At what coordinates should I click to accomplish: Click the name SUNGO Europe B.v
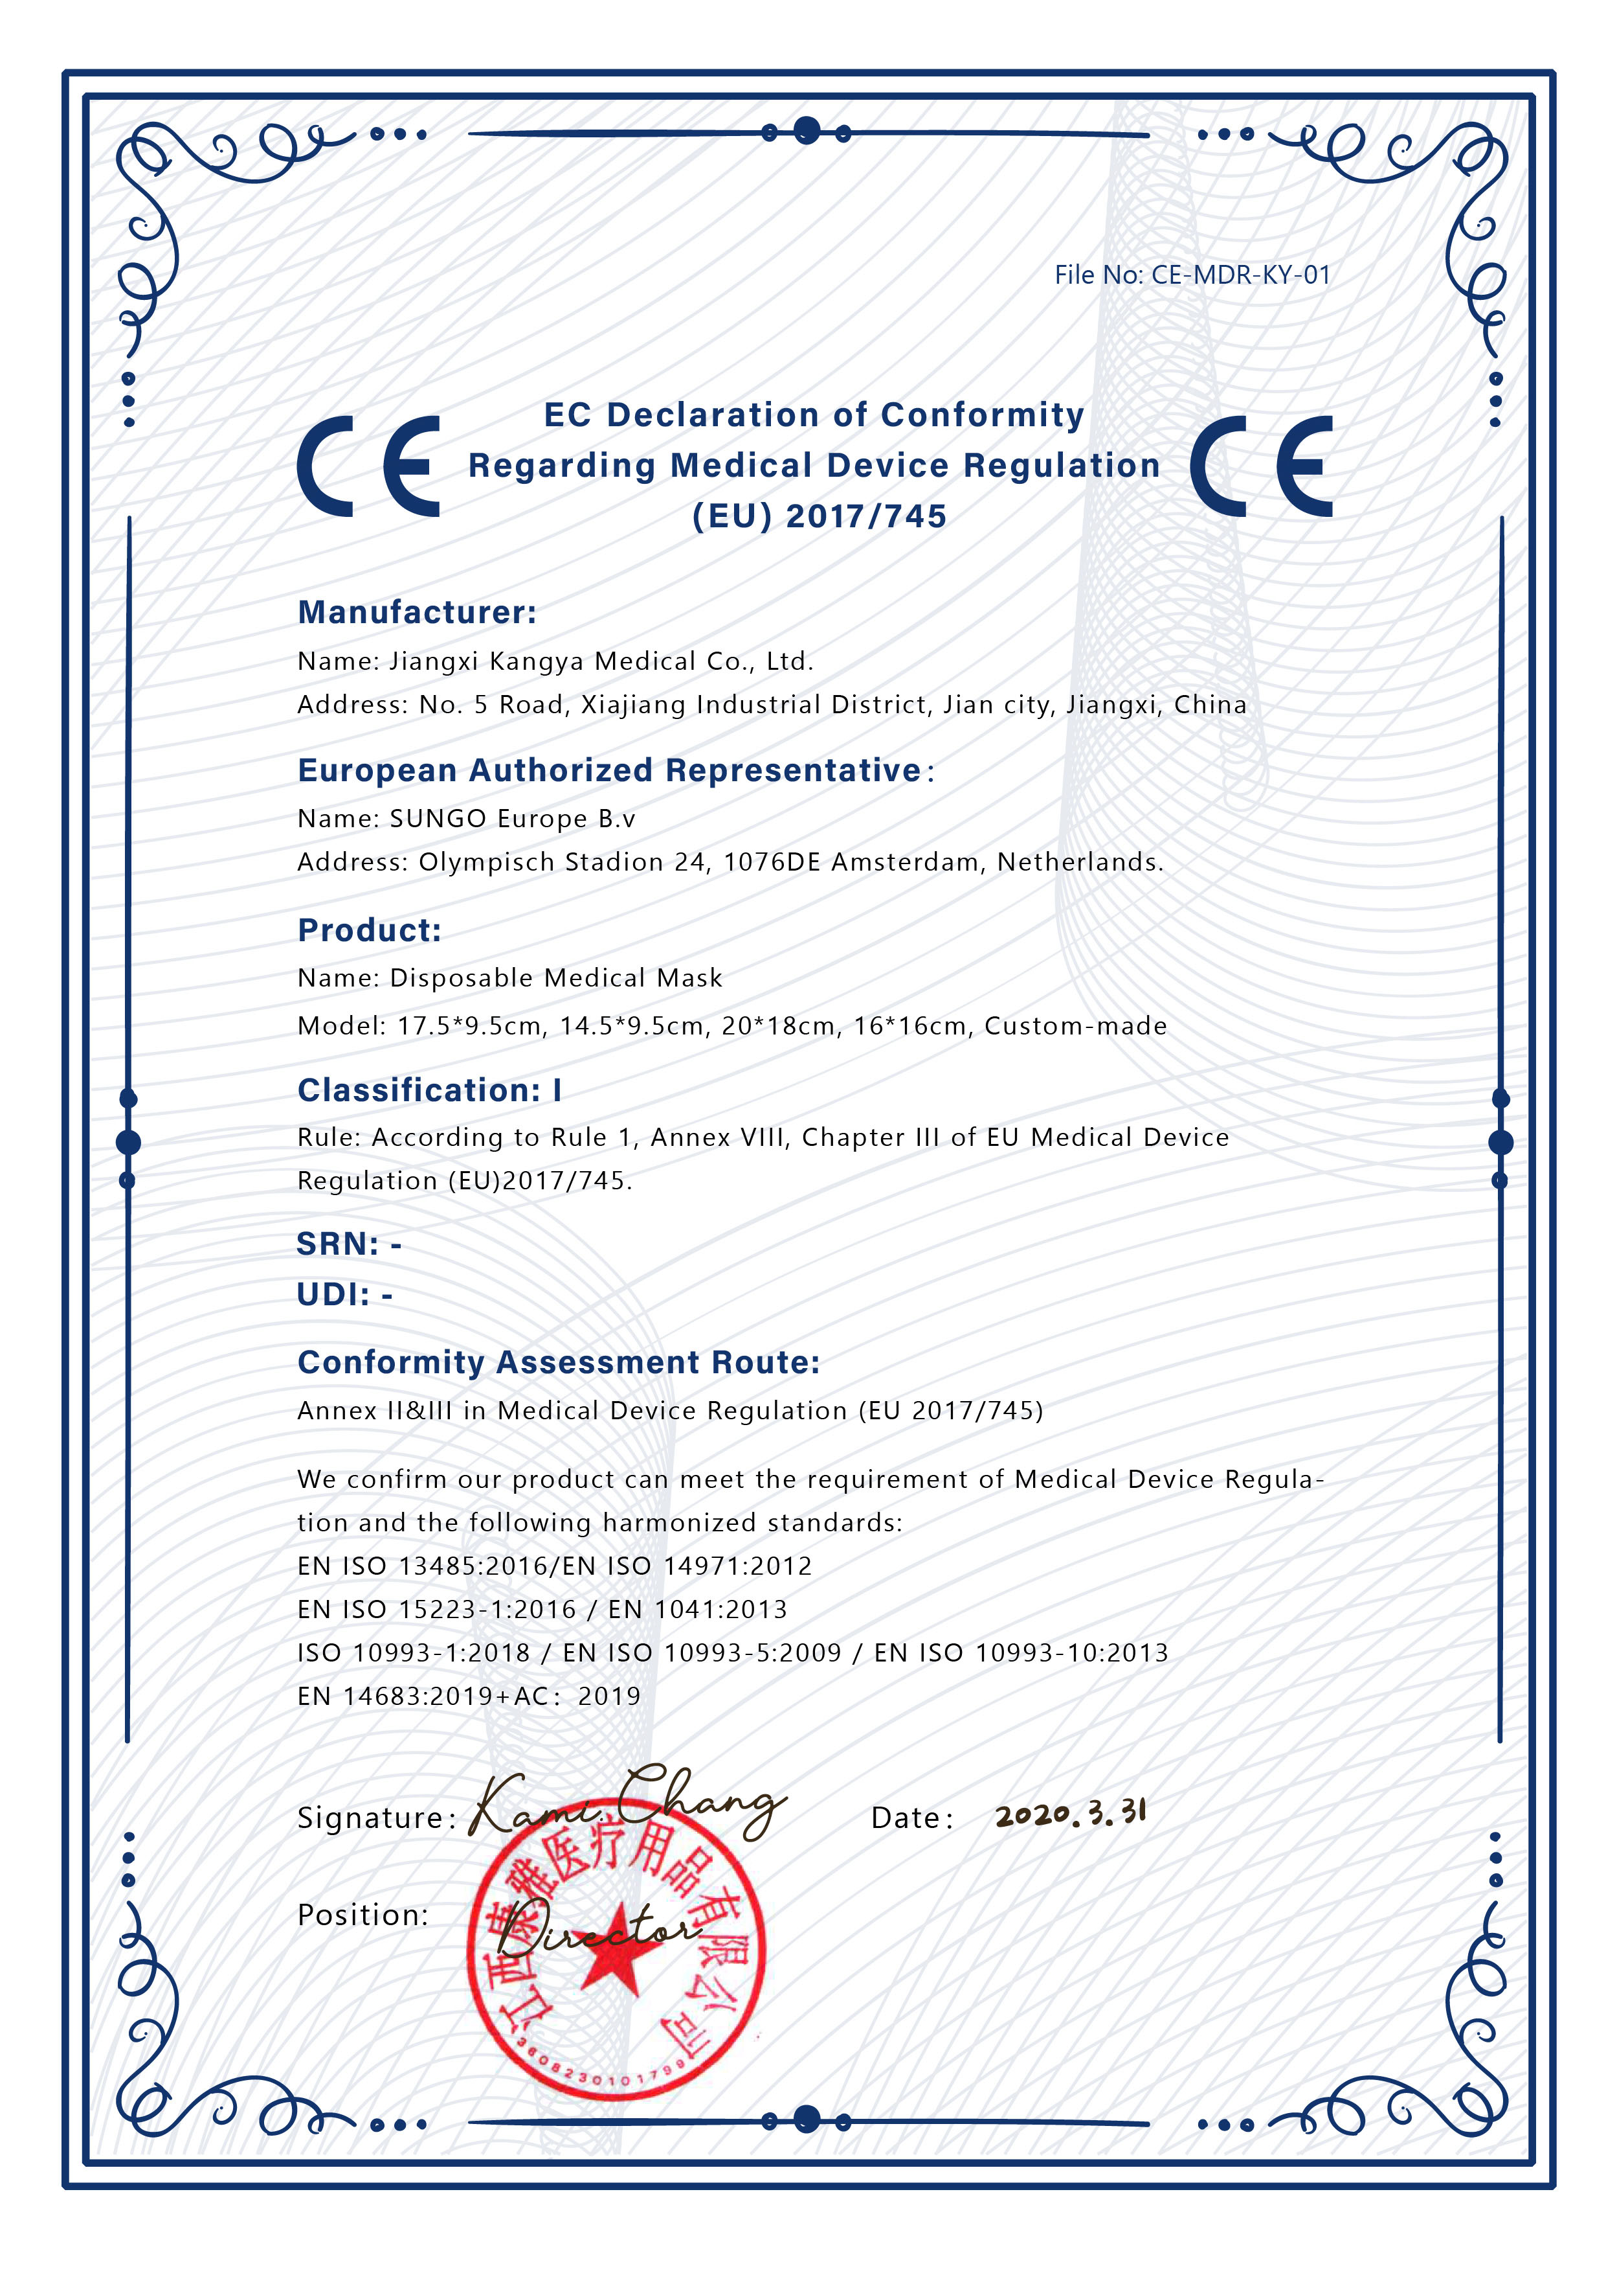coord(511,819)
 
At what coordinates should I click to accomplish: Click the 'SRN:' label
coord(337,1244)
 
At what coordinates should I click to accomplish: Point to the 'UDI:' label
coord(333,1294)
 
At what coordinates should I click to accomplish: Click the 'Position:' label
coord(362,1915)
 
